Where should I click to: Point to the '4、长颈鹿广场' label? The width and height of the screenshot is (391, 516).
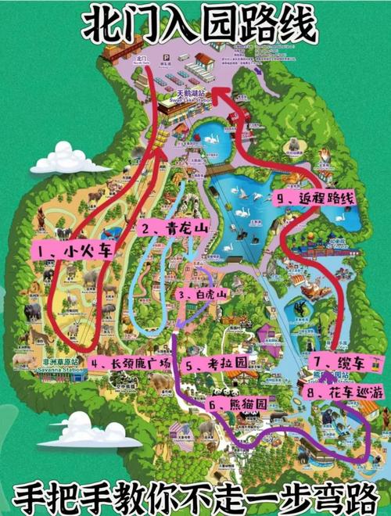(131, 363)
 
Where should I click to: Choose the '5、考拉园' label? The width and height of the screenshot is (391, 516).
(217, 364)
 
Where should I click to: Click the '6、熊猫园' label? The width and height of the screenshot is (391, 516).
(238, 404)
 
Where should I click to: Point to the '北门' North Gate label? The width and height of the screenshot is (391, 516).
(141, 59)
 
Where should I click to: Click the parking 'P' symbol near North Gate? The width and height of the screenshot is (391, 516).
(167, 58)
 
